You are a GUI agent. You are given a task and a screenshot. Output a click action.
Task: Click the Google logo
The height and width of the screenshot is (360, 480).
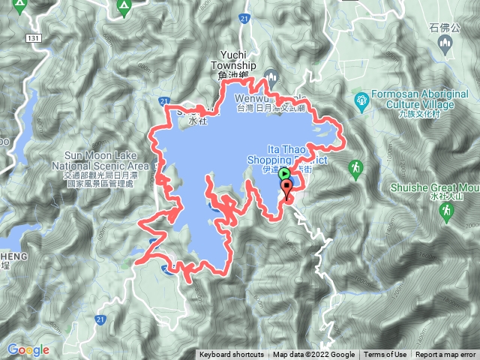point(28,349)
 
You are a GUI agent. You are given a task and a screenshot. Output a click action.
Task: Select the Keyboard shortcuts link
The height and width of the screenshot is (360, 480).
point(231,355)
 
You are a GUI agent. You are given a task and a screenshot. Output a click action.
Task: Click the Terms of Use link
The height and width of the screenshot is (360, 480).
point(385,355)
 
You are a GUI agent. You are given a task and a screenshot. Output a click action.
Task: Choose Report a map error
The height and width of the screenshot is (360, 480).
point(445,355)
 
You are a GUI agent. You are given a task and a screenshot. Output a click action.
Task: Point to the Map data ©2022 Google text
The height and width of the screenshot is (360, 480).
point(313,355)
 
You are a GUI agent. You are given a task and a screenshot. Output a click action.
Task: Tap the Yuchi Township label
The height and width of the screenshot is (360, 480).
point(238,58)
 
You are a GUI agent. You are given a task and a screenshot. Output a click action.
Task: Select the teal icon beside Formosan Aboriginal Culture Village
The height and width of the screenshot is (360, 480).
point(362,97)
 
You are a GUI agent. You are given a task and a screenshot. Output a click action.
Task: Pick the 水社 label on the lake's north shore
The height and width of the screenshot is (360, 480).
point(197,120)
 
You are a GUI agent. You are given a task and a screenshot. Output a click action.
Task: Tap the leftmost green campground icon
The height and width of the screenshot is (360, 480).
point(19,7)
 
